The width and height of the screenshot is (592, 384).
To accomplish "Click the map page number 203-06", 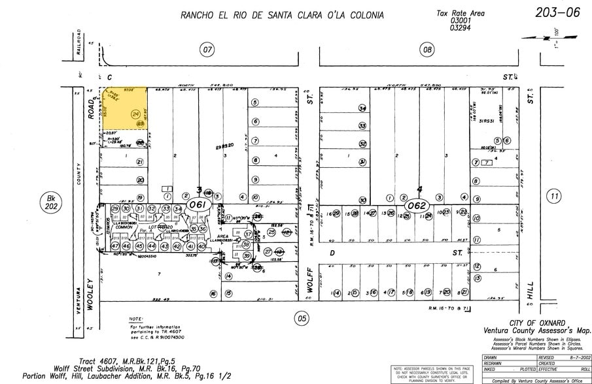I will tap(557, 12).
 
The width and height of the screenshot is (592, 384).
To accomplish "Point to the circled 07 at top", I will tap(207, 50).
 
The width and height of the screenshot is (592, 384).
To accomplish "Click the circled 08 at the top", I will tap(428, 50).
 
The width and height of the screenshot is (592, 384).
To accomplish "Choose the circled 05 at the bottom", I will tap(302, 319).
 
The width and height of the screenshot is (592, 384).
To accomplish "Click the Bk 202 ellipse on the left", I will tap(50, 202).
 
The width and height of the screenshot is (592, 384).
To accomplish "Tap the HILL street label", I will tap(531, 288).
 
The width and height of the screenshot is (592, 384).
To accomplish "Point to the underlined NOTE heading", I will tap(136, 319).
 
